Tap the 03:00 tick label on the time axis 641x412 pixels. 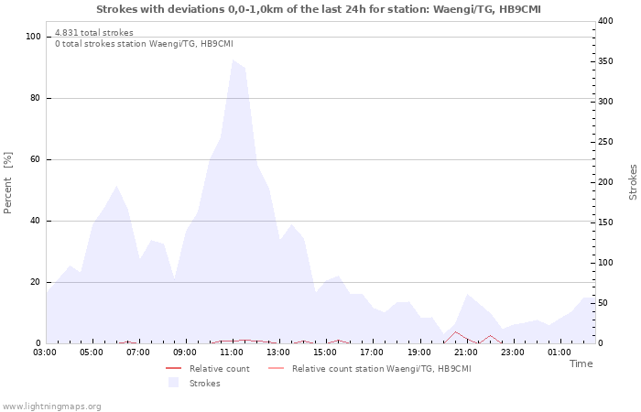(45, 352)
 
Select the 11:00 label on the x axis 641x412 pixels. (232, 352)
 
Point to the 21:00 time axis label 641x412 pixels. (465, 352)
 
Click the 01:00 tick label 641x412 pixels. (559, 352)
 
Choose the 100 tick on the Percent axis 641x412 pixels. (34, 37)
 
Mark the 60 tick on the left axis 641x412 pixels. (37, 159)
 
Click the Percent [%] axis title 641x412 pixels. (8, 183)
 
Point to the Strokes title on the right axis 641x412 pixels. (633, 182)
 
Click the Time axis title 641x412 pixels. (581, 363)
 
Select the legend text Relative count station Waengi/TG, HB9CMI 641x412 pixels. (381, 369)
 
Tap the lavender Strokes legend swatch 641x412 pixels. (173, 383)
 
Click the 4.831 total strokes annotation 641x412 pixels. (93, 33)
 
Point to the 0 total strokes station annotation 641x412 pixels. (144, 44)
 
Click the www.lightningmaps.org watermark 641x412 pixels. (51, 407)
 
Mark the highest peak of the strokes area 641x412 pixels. (233, 60)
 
